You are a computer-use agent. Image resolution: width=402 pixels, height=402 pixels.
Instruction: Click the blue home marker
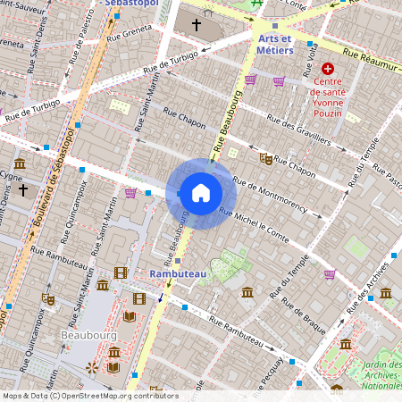point(201,193)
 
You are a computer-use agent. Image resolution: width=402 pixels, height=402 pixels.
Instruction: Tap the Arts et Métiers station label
point(275,46)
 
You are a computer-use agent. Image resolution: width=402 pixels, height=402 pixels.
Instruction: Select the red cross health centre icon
point(328,69)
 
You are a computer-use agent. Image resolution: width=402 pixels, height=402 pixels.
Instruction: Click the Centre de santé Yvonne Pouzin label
point(336,97)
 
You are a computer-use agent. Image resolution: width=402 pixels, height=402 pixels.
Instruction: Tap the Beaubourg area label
point(88,334)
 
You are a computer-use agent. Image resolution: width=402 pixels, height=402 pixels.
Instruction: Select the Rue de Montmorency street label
point(276,196)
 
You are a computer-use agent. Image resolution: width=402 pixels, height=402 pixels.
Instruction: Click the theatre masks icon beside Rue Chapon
point(265,158)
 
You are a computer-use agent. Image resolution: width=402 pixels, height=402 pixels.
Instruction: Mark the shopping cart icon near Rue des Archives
point(330,274)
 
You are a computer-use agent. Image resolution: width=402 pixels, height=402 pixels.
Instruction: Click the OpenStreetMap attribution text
point(89,396)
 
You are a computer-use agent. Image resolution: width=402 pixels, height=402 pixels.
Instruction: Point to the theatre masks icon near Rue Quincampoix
point(48,299)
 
